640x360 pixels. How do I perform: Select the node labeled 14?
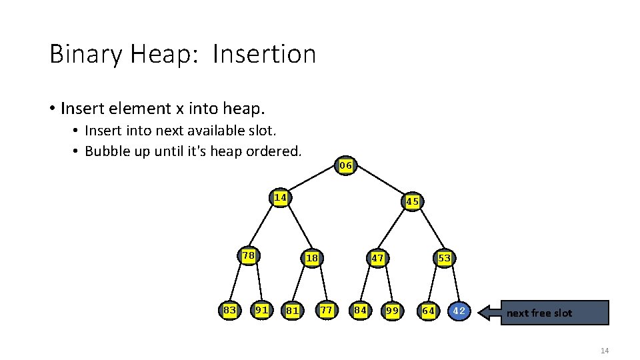pyautogui.click(x=281, y=197)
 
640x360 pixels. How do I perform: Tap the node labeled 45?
pyautogui.click(x=412, y=201)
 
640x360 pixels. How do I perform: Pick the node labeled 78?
pyautogui.click(x=249, y=255)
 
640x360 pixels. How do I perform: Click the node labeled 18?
pyautogui.click(x=312, y=258)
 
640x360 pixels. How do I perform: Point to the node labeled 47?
pyautogui.click(x=377, y=258)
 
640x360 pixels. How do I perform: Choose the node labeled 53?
pyautogui.click(x=444, y=258)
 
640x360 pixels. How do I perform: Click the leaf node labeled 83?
pyautogui.click(x=230, y=309)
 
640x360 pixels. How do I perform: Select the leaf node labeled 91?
pyautogui.click(x=262, y=309)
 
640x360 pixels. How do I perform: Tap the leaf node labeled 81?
pyautogui.click(x=292, y=310)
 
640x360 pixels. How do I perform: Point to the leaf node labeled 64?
pyautogui.click(x=429, y=311)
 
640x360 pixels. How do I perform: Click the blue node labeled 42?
pyautogui.click(x=459, y=311)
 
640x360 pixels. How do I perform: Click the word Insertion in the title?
pyautogui.click(x=264, y=54)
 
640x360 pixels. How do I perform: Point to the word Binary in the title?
pyautogui.click(x=86, y=55)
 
